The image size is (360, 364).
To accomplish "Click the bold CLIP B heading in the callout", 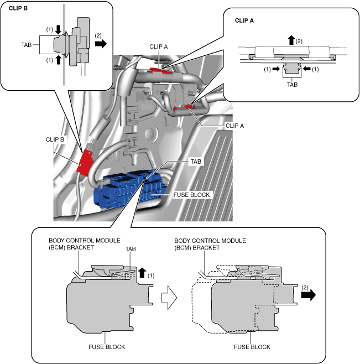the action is click(x=18, y=8).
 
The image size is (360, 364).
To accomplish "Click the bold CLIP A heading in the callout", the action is click(x=244, y=20).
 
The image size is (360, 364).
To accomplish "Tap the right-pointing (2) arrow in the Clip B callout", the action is click(x=101, y=43).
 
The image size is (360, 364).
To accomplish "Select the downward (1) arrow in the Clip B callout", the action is click(x=58, y=30).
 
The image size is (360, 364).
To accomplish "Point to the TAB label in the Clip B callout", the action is click(x=26, y=45).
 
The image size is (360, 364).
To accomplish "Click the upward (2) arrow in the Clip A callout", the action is click(x=291, y=40).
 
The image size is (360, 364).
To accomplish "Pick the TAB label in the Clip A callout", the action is click(x=292, y=85).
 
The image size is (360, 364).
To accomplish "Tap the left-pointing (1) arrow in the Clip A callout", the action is click(x=306, y=69).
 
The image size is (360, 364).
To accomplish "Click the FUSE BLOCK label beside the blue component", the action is click(x=191, y=195).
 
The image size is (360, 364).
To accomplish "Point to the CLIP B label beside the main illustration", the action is click(x=55, y=139).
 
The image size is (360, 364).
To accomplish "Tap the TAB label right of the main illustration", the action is click(x=196, y=162).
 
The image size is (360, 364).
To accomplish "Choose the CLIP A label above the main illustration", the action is click(x=159, y=46).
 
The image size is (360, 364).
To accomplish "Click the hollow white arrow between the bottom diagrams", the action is click(x=169, y=298).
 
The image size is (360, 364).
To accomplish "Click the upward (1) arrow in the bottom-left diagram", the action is click(x=142, y=273).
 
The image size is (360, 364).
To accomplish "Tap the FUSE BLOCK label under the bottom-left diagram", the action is click(x=107, y=347).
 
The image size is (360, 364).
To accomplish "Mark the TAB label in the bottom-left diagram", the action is click(x=131, y=249).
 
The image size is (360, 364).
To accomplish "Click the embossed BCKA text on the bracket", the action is click(x=147, y=107).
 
